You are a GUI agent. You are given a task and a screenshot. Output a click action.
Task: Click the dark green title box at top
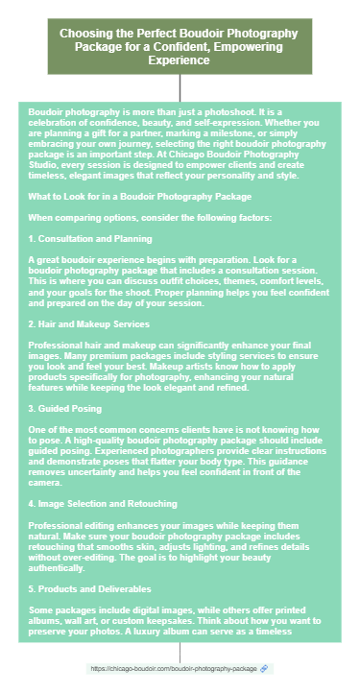pos(180,46)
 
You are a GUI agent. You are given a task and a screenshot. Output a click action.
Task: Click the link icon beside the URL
pos(264,667)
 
